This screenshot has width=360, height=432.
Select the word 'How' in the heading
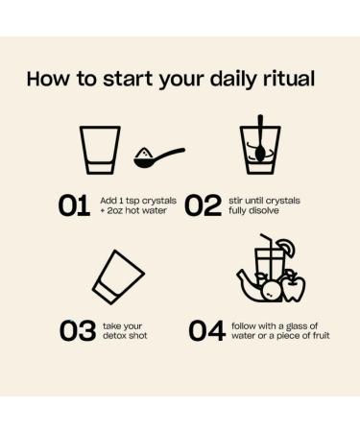[x=48, y=79]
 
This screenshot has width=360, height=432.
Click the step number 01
[x=74, y=205]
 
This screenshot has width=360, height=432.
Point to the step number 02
[x=203, y=205]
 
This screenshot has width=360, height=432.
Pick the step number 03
[x=78, y=330]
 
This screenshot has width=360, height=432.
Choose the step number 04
[x=207, y=330]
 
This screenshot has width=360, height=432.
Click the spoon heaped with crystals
[x=159, y=157]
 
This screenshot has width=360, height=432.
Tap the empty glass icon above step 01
[x=100, y=150]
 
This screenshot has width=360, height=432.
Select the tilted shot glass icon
[x=118, y=277]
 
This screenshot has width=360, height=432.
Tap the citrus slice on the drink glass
[x=286, y=248]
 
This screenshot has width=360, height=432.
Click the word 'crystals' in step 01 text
[x=159, y=202]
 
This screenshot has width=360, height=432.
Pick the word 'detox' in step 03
[x=112, y=336]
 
